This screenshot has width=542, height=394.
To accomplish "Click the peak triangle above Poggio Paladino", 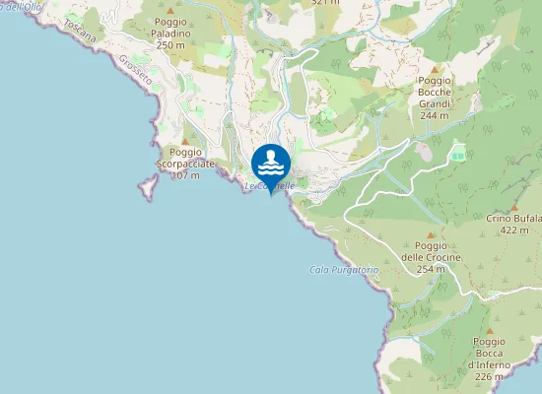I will coord(170,21).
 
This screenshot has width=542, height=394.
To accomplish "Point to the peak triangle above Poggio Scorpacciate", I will coord(184,141).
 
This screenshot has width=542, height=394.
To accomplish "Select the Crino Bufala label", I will coord(514,218).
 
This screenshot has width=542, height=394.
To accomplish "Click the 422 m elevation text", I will coord(514,230).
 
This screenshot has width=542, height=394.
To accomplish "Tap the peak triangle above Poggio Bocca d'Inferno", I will coord(490,330).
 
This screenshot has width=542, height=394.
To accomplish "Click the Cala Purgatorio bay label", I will coord(344,270).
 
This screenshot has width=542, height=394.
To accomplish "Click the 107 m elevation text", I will coord(185,175).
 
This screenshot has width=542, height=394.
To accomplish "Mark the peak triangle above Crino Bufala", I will coord(514,206).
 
